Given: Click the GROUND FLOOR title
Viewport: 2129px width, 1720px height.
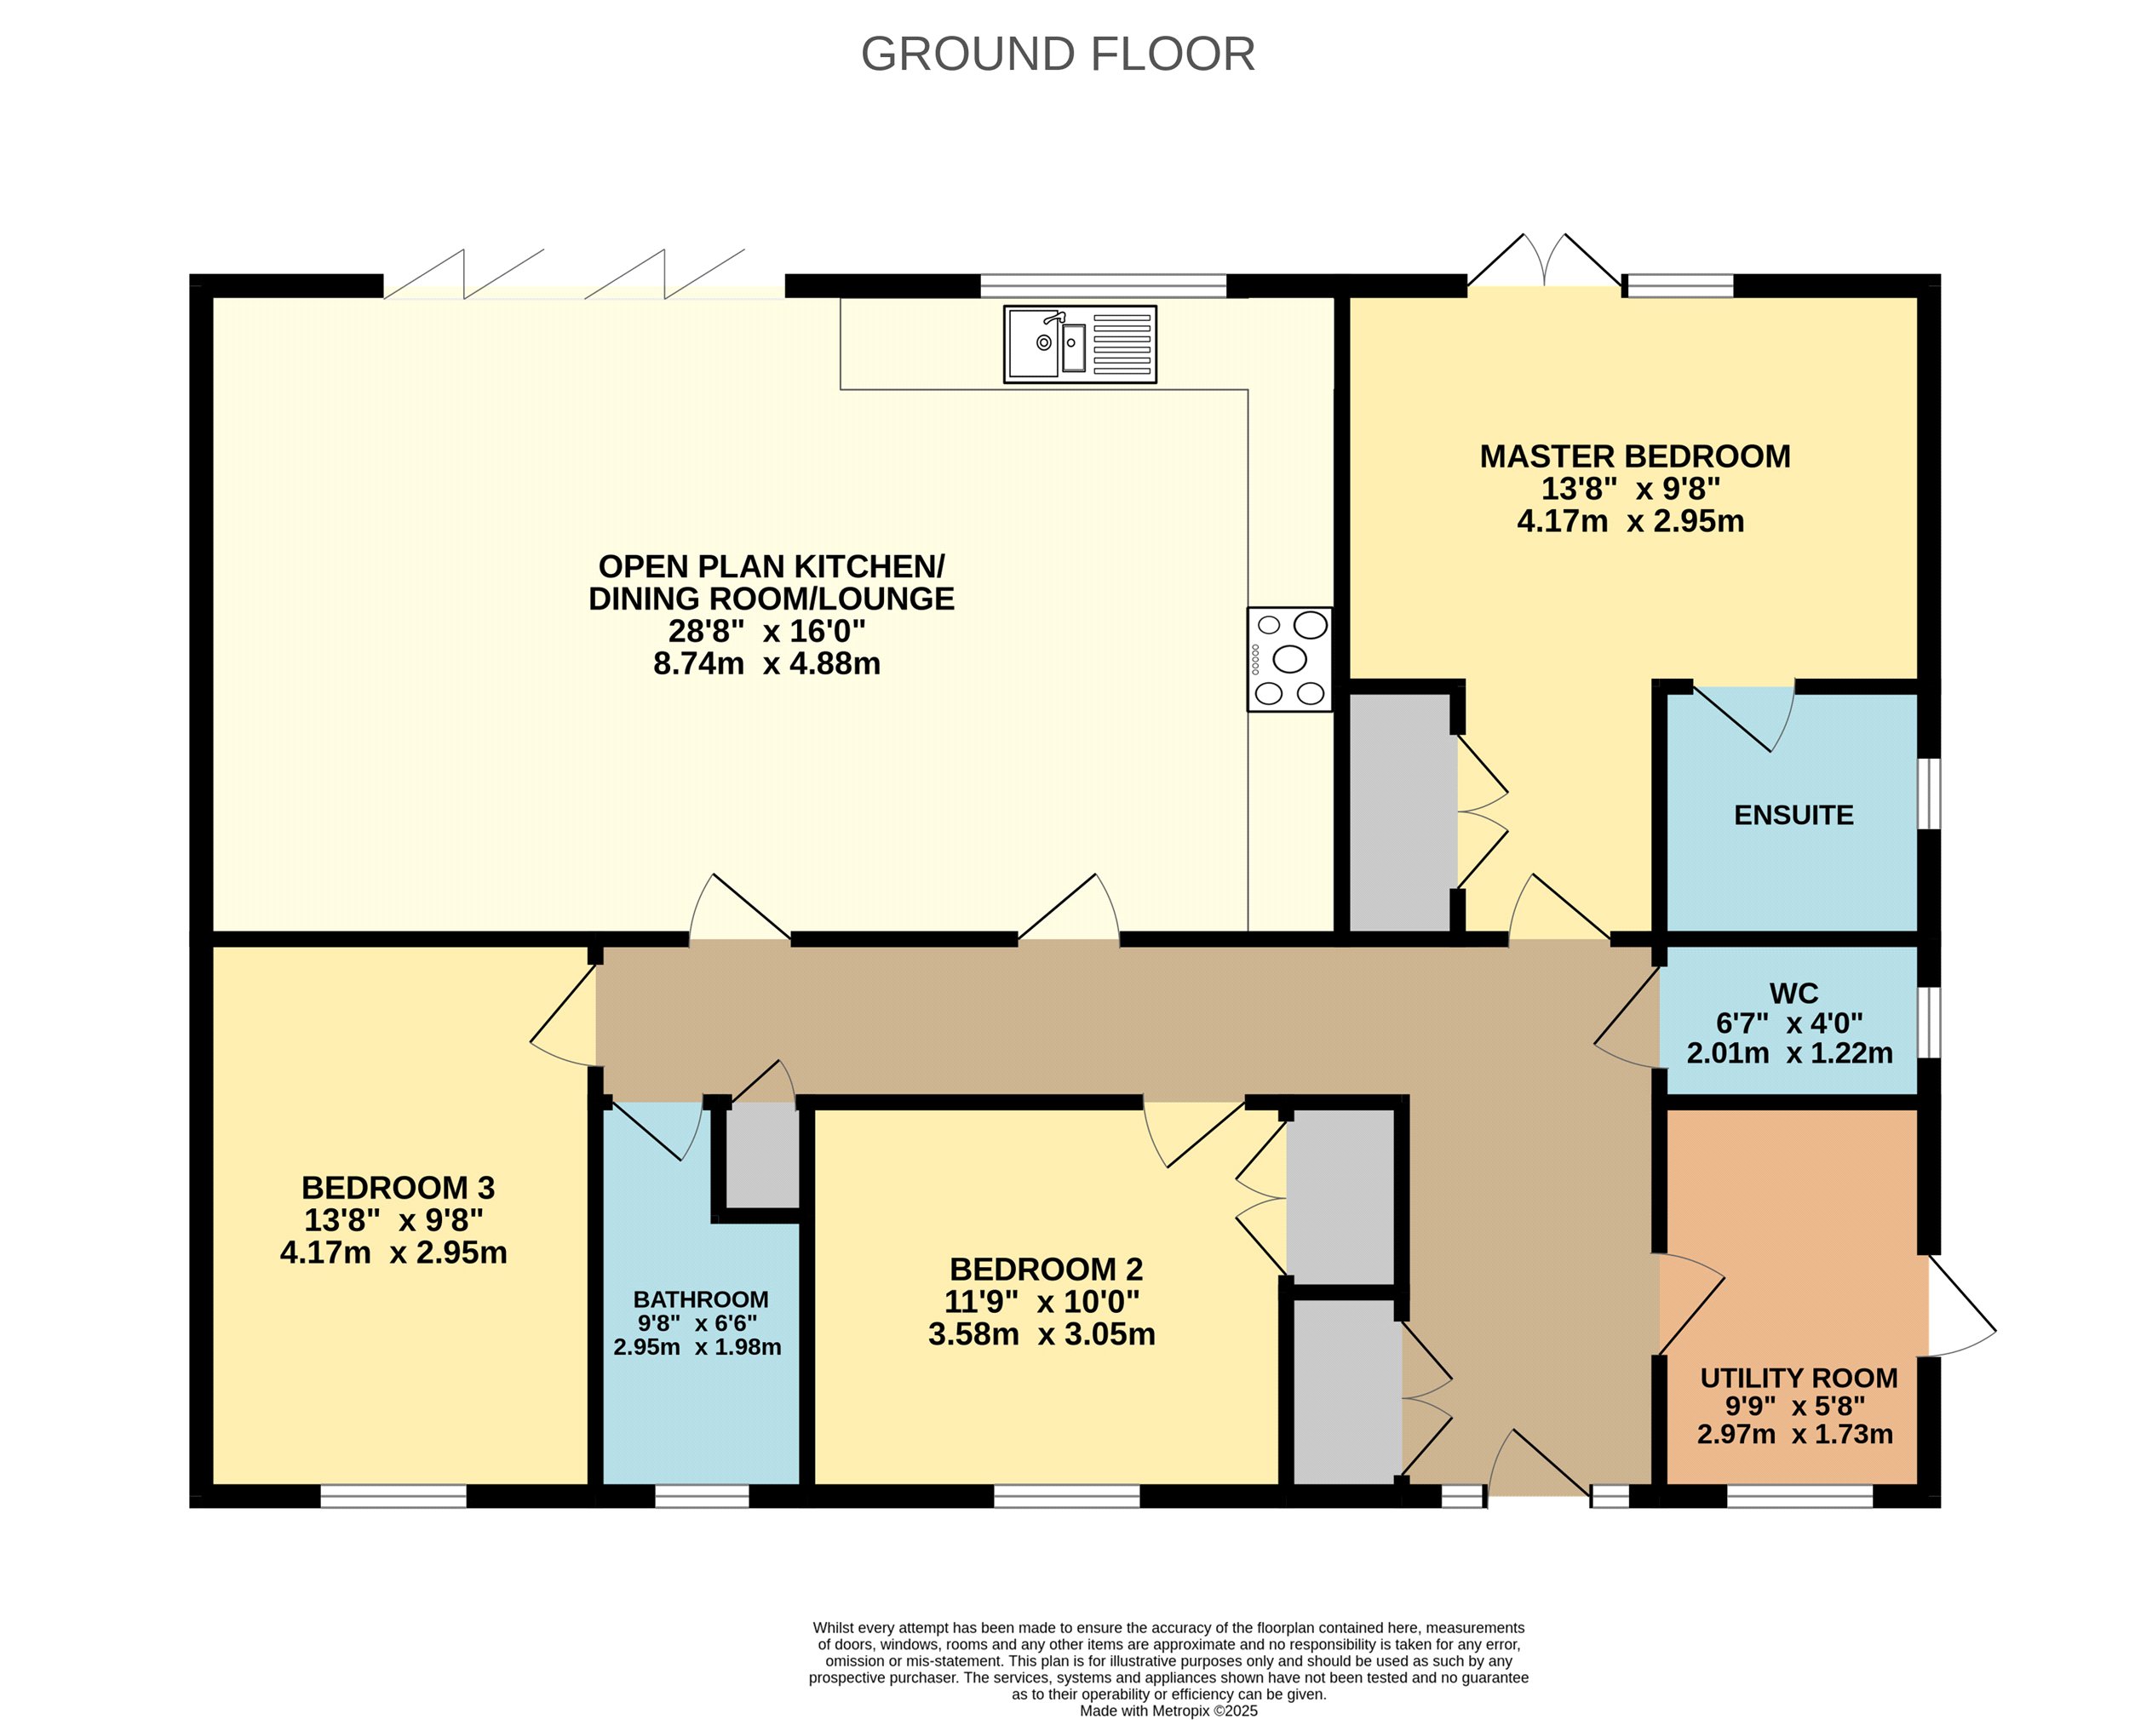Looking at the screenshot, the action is [1057, 54].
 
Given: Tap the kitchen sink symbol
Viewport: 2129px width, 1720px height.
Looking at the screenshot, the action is [1080, 344].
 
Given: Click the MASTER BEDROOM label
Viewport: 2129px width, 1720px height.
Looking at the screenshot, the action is [1634, 456].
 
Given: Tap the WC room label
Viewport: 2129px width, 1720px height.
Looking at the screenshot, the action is [1793, 993].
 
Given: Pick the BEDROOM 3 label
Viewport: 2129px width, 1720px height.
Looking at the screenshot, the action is [399, 1187].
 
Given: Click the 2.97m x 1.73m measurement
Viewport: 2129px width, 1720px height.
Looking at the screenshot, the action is [1795, 1434].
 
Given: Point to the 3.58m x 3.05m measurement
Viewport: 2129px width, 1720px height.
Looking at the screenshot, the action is [1042, 1333].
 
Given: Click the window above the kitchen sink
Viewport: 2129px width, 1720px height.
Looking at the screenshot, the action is [1104, 285].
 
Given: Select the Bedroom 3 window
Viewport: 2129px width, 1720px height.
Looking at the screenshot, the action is [393, 1496].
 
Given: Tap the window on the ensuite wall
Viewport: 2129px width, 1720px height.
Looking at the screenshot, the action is [1928, 794].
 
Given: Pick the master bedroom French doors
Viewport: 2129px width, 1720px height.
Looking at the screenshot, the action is [1545, 261].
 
